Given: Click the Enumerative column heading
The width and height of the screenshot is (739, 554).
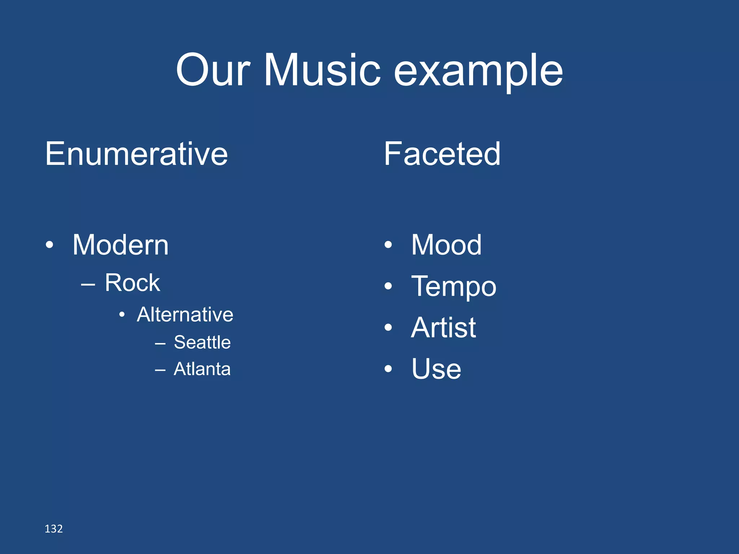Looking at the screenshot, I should click(x=136, y=154).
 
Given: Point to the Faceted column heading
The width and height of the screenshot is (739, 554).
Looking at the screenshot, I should click(x=442, y=154).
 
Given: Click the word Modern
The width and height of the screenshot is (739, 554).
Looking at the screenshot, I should click(x=121, y=245).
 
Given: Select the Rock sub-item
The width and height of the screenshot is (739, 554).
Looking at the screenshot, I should click(x=132, y=283).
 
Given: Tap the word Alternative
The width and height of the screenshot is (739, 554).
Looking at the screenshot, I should click(x=185, y=315).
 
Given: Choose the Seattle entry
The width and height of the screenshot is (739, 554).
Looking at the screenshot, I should click(x=202, y=342).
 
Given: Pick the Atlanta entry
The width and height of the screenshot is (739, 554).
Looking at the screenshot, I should click(x=202, y=369).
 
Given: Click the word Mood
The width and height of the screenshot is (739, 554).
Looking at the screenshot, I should click(x=446, y=245).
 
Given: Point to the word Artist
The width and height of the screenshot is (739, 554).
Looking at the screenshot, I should click(x=443, y=328).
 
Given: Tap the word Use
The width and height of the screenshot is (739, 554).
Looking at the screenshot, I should click(x=436, y=369).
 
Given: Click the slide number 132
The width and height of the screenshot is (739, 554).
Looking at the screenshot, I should click(x=53, y=529).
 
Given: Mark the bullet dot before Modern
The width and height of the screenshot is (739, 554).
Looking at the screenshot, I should click(x=49, y=245).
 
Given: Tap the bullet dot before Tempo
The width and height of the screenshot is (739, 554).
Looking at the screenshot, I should click(x=388, y=286).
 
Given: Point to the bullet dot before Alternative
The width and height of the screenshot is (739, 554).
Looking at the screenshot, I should click(x=122, y=315).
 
